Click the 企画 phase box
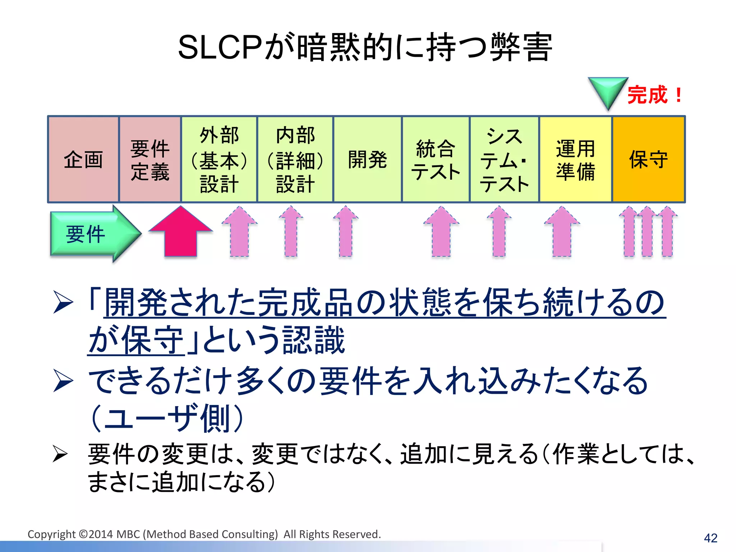click(83, 159)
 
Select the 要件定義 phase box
click(150, 159)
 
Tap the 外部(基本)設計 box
click(219, 159)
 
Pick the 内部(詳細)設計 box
click(295, 159)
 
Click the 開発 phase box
click(367, 159)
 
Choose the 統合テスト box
click(436, 159)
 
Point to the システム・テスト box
click(504, 159)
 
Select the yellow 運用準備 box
click(575, 159)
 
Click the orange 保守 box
click(649, 159)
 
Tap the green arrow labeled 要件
click(90, 234)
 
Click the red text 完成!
click(654, 95)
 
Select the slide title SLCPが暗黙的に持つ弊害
click(365, 47)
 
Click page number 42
click(710, 538)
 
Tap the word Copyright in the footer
click(52, 534)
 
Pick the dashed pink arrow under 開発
click(346, 232)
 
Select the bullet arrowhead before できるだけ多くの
click(63, 381)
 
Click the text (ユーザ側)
click(167, 418)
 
